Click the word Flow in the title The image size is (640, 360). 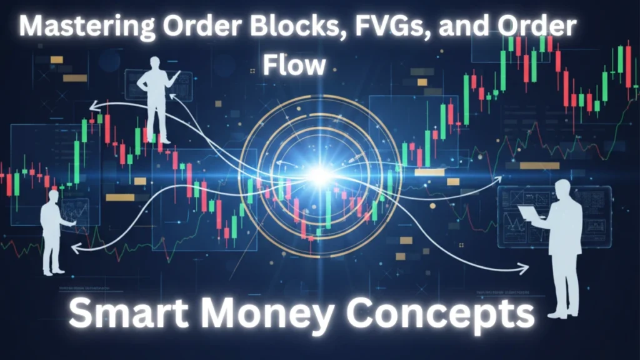[x=294, y=64]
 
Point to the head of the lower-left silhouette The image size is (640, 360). [x=52, y=196]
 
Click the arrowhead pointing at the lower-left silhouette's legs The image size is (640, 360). [x=75, y=249]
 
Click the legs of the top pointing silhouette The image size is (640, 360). [x=157, y=122]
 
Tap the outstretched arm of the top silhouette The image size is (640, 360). [x=171, y=78]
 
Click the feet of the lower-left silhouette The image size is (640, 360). [x=52, y=271]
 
